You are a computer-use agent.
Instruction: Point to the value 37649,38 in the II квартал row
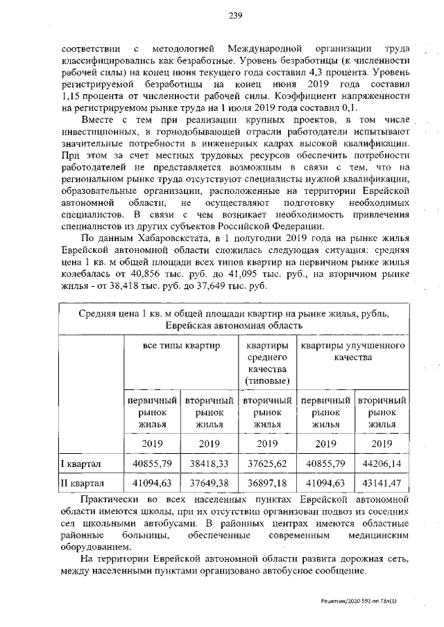pyautogui.click(x=208, y=483)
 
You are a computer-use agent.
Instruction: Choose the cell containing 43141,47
pyautogui.click(x=381, y=483)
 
